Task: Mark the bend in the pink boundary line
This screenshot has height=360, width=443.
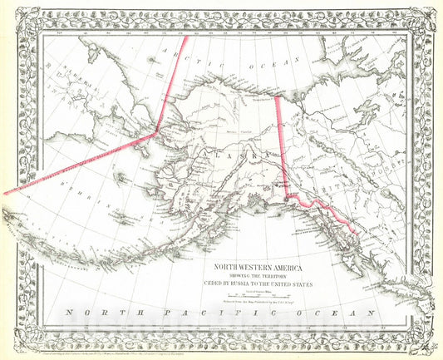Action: pos(155,132)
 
